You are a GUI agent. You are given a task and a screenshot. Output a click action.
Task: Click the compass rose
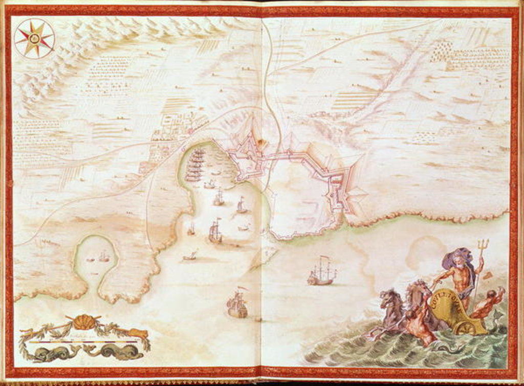(34, 38)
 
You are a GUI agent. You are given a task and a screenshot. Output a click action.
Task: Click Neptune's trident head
(483, 245)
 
